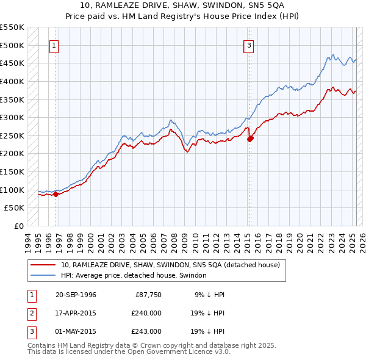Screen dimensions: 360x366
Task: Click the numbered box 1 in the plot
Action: coord(54,45)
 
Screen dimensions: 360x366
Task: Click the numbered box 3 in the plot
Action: coord(250,45)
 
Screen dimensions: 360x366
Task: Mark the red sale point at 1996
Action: coord(56,195)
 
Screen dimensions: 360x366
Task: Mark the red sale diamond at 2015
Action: coord(250,139)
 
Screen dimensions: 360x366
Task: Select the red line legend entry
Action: coord(170,265)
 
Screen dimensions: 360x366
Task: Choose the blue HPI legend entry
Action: coord(134,276)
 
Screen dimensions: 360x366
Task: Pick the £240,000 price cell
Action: coord(147,313)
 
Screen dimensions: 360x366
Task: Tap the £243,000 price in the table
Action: coord(147,331)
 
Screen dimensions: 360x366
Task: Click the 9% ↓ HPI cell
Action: coord(209,295)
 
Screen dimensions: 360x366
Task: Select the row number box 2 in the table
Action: coord(30,313)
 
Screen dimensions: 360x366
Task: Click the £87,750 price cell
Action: coord(149,295)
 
